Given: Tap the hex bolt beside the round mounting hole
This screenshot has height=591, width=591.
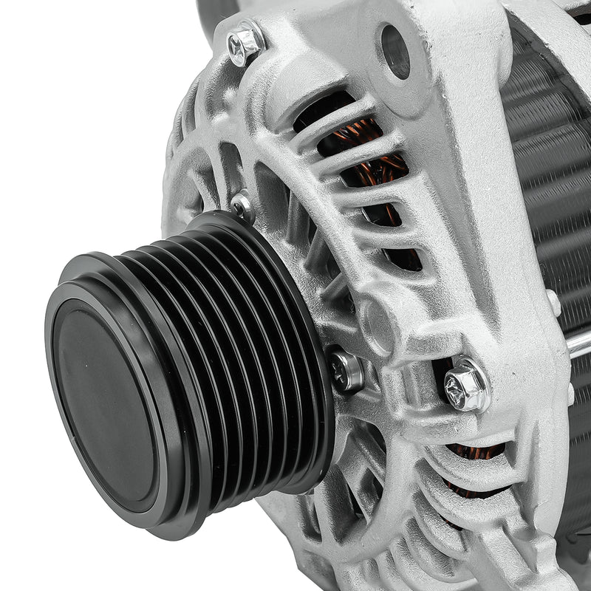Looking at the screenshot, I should (245, 44).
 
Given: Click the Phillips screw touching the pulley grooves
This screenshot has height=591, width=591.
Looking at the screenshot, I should (346, 370).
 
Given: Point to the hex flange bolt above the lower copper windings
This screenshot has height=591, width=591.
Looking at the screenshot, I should (466, 384).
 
